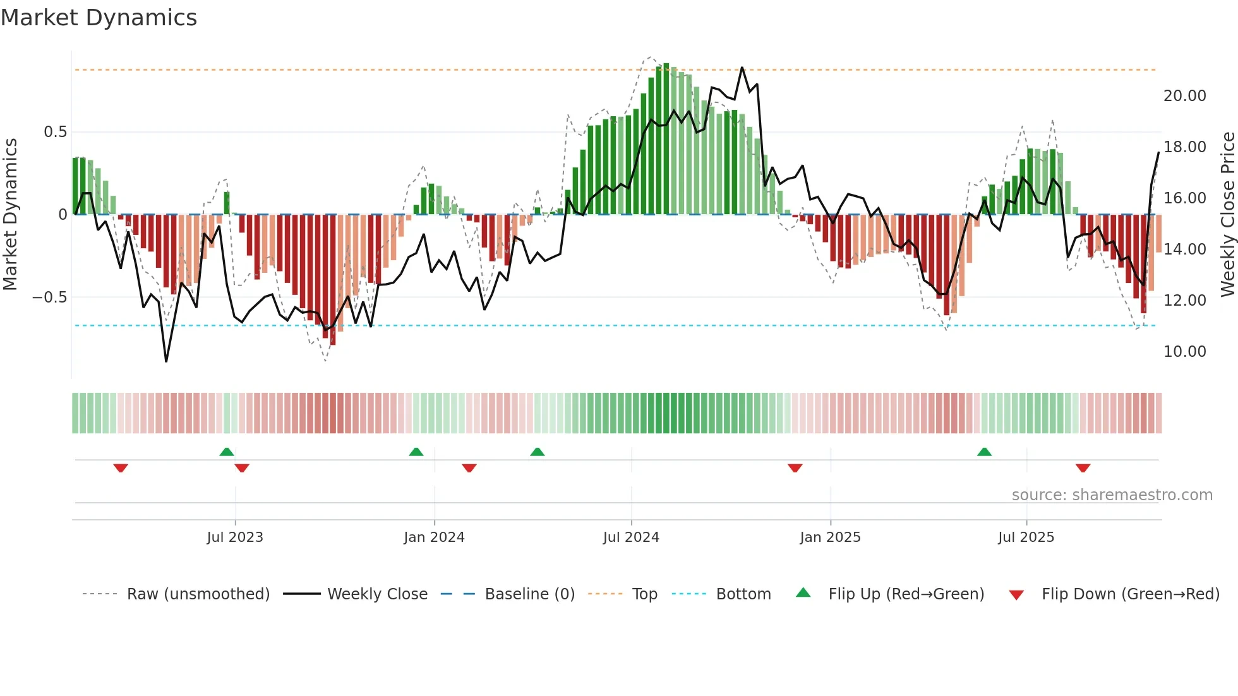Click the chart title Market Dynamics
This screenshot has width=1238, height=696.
(x=99, y=18)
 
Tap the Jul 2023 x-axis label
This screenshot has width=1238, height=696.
(x=235, y=537)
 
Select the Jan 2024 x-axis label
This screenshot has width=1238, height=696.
(x=434, y=537)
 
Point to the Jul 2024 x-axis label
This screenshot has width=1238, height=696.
(x=631, y=537)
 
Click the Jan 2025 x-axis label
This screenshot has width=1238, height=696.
(x=830, y=537)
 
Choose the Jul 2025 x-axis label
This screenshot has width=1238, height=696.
(x=1026, y=537)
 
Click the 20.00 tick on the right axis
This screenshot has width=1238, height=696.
(x=1184, y=96)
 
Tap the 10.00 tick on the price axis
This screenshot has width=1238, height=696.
(x=1184, y=352)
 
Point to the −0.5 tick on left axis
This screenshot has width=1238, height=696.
(x=49, y=297)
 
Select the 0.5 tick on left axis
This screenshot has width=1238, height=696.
(x=55, y=132)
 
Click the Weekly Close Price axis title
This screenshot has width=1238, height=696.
(x=1227, y=214)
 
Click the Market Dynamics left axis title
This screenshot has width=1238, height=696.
(x=10, y=214)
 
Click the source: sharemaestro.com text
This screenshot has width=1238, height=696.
(x=1112, y=495)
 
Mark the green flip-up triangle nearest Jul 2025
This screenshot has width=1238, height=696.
(x=984, y=452)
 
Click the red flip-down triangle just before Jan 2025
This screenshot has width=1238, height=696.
(x=795, y=468)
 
